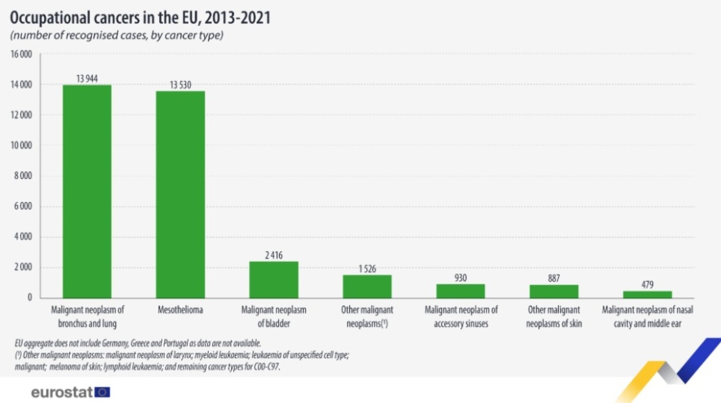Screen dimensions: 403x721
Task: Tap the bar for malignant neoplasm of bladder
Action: pos(273,279)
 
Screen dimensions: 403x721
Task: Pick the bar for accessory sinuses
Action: pos(460,291)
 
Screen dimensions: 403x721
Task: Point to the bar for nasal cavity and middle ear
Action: pos(647,294)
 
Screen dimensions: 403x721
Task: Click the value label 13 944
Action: pos(86,79)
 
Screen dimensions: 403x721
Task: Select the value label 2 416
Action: pos(273,255)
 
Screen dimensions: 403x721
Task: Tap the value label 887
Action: pos(554,278)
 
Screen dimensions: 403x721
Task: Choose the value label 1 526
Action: pos(367,269)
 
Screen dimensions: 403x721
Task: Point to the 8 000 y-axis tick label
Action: pos(23,176)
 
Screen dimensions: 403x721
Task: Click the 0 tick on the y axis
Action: pos(30,298)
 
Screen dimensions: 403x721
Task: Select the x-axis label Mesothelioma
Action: pos(180,310)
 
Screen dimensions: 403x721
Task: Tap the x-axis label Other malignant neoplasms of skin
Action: pos(554,316)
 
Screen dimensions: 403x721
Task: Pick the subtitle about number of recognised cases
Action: pos(116,36)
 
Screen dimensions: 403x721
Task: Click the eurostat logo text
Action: pos(62,392)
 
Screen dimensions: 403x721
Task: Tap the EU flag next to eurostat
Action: pos(103,392)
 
